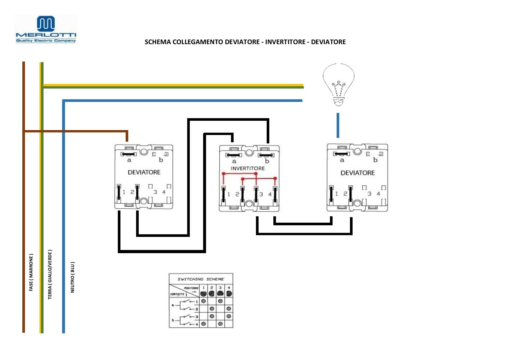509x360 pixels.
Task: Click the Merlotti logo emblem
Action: coord(46,24)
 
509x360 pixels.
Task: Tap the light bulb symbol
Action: coord(338,84)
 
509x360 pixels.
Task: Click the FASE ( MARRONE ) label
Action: coord(31,272)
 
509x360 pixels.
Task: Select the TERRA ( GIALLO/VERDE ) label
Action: coord(50,274)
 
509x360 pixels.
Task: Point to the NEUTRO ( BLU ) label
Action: coord(73,277)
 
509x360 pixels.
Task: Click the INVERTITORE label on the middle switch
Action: coord(248,168)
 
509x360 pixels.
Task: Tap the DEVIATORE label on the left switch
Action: coord(144,172)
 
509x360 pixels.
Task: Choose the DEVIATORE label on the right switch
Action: coord(358,173)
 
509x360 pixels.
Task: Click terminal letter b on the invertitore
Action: coord(267,161)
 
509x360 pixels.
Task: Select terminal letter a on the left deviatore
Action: coord(129,160)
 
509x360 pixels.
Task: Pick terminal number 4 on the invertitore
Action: coord(270,194)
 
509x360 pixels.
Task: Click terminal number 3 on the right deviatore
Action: coord(369,194)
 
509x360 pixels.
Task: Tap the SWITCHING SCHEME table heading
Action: coord(201,279)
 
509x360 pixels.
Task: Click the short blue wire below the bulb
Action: coord(338,125)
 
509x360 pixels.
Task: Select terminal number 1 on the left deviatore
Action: coord(124,192)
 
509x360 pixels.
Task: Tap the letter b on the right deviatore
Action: coord(375,160)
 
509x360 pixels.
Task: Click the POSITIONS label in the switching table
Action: coord(191,288)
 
